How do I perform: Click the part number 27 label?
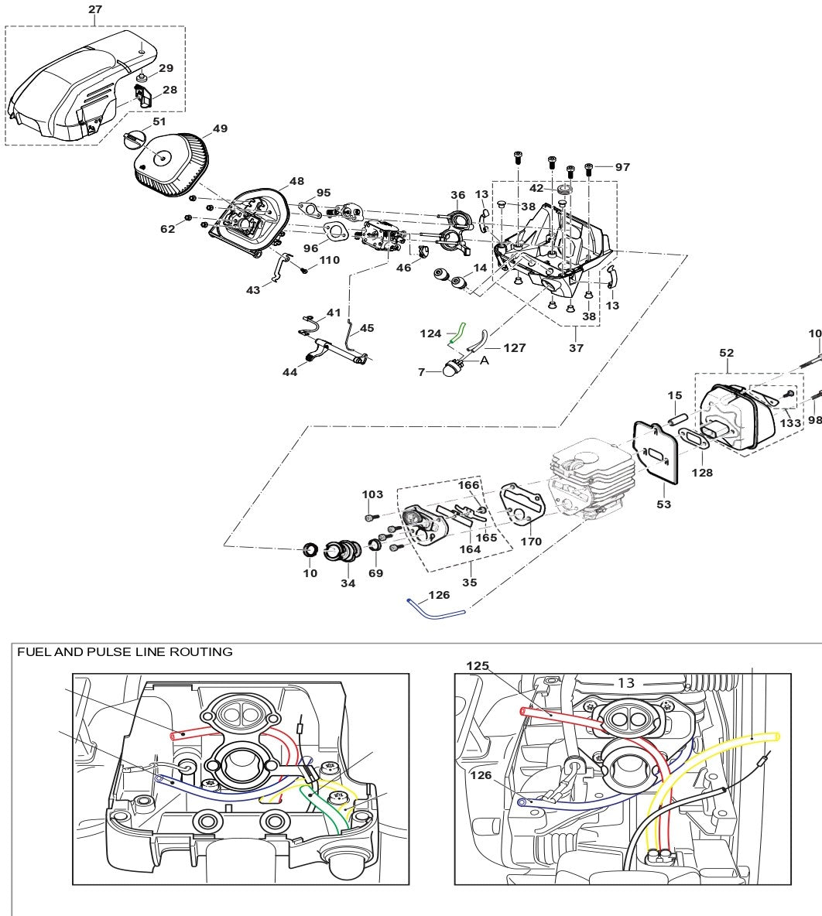point(94,9)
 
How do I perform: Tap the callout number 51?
point(159,121)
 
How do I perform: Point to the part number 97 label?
point(623,166)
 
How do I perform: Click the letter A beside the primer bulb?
point(485,360)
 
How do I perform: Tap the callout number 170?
point(531,542)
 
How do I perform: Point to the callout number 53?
point(663,504)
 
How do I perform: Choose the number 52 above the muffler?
point(726,353)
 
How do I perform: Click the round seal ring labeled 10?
point(310,551)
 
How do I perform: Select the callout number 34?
point(348,583)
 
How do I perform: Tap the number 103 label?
point(372,494)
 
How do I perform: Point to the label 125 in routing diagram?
point(478,665)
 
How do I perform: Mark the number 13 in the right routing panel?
point(625,682)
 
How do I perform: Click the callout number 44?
point(289,372)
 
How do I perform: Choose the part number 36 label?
point(458,195)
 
